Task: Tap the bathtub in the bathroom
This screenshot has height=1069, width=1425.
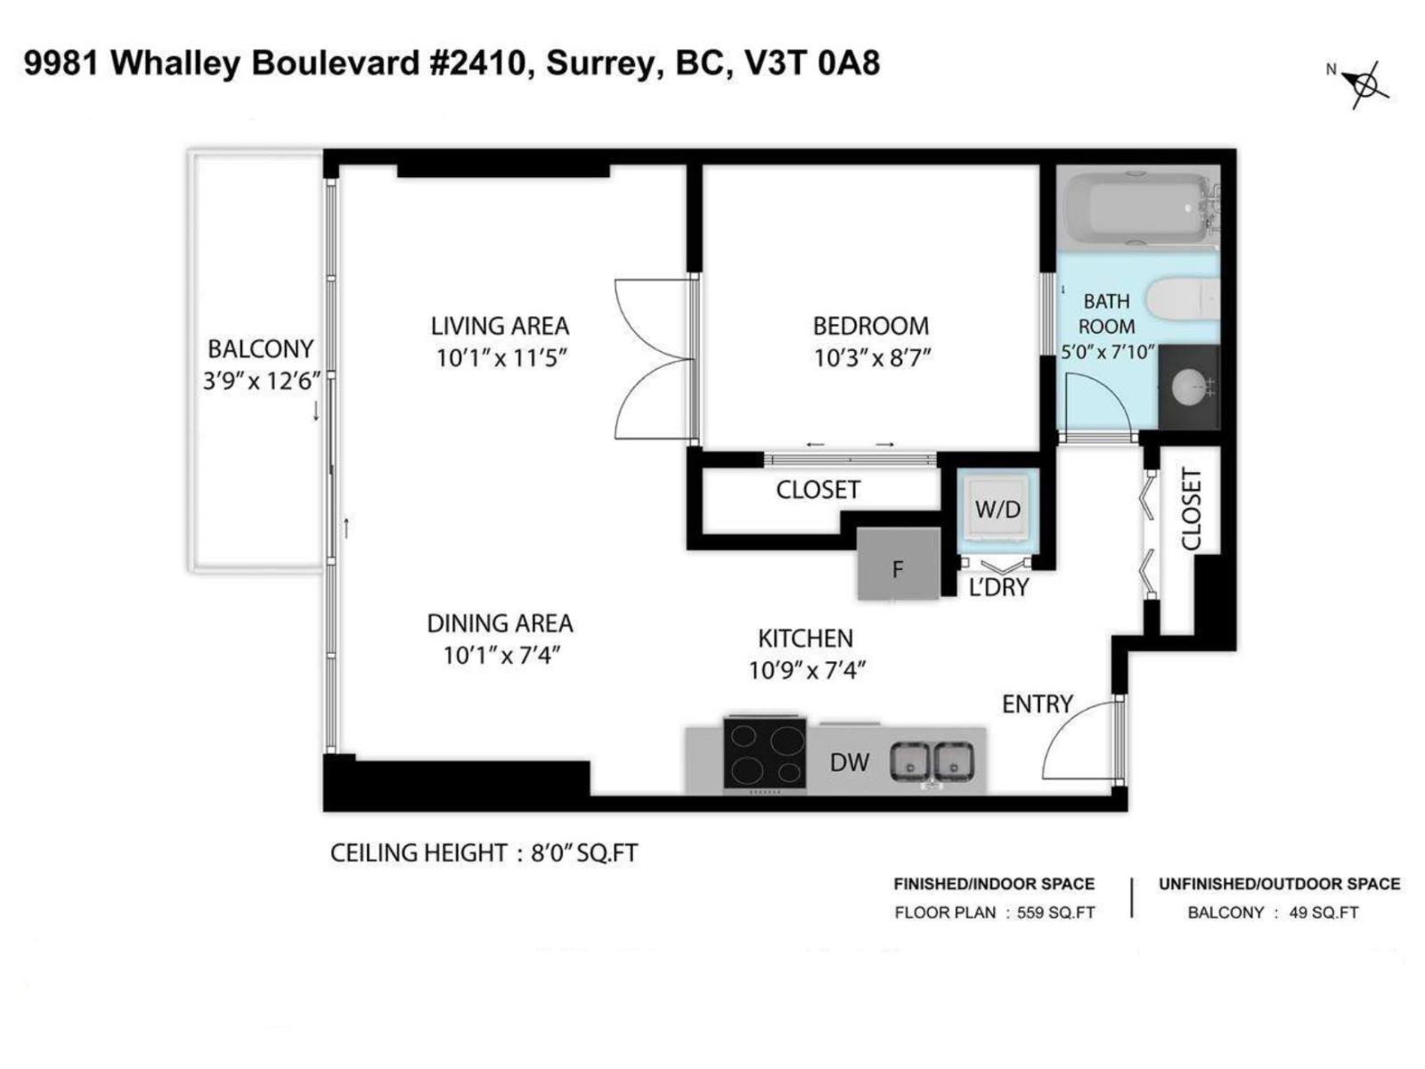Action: click(1133, 208)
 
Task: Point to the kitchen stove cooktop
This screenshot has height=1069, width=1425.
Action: click(764, 754)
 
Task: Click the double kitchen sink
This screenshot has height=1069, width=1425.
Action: click(932, 762)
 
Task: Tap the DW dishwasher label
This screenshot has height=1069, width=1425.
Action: click(849, 763)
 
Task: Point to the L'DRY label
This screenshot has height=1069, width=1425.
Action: click(998, 587)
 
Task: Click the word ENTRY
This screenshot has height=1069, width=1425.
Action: click(1037, 704)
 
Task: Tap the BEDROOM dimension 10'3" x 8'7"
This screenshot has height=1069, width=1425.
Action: click(872, 358)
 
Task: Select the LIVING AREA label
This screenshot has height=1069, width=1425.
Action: click(500, 326)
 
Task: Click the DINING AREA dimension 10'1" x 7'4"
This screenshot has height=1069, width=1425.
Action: click(501, 656)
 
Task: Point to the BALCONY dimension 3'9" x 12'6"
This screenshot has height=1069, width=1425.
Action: click(261, 381)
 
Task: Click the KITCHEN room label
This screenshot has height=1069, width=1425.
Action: click(805, 638)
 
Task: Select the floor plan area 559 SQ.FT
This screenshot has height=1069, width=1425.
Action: click(1055, 912)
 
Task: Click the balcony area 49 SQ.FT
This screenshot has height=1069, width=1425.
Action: click(1323, 912)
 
